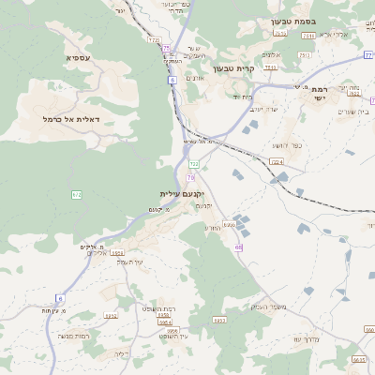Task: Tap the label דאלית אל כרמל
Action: pyautogui.click(x=71, y=119)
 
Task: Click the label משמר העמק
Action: pyautogui.click(x=269, y=307)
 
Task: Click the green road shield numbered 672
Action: pyautogui.click(x=77, y=194)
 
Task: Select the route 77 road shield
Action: pyautogui.click(x=369, y=55)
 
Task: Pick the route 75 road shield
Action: pyautogui.click(x=167, y=48)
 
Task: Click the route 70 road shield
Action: pyautogui.click(x=190, y=177)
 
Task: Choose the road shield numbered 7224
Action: pyautogui.click(x=277, y=162)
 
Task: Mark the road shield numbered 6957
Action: pyautogui.click(x=218, y=320)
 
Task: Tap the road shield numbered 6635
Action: pyautogui.click(x=359, y=359)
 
